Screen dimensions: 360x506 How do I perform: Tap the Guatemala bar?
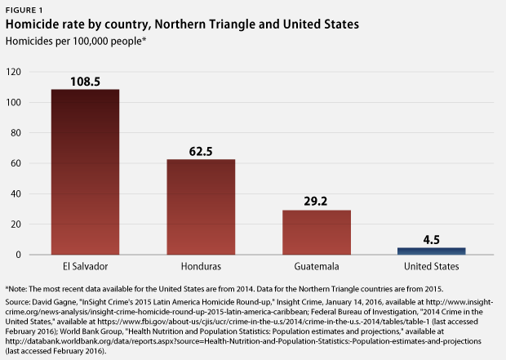pos(317,233)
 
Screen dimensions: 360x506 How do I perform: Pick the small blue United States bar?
pos(433,251)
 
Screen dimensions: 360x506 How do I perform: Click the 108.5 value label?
pos(85,82)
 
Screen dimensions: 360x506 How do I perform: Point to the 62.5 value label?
pos(201,152)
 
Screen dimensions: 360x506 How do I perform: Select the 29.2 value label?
pos(317,202)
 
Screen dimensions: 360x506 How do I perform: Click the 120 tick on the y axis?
pos(13,72)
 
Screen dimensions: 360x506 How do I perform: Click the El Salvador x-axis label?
pos(85,267)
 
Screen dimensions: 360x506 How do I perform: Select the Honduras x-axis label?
pos(201,267)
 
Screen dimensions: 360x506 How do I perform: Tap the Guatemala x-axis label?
pos(317,267)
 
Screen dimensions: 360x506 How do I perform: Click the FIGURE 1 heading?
pos(24,9)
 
